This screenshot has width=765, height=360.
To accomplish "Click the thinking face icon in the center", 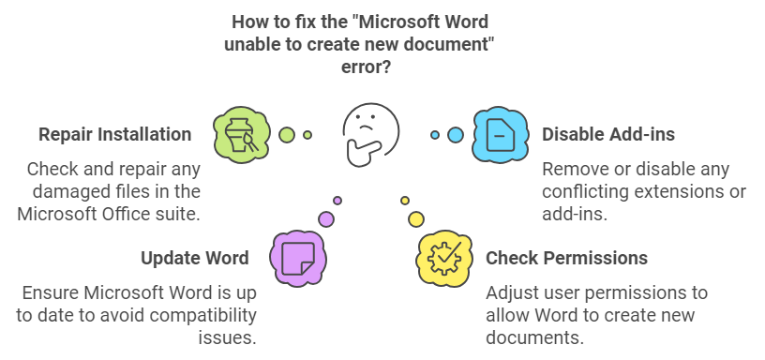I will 370,135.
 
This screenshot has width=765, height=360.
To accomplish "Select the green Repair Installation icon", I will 242,134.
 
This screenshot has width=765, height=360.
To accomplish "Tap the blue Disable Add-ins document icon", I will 501,135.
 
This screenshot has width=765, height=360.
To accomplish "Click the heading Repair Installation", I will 115,134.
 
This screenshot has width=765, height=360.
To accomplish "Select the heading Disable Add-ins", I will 608,134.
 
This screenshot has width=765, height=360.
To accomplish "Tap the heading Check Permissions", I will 566,258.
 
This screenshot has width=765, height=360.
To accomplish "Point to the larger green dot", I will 288,135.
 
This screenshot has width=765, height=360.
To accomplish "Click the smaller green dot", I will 307,135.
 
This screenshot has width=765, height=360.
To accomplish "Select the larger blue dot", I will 456,135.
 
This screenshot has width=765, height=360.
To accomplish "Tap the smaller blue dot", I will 435,135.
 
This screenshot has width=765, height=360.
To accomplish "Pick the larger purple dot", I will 326,219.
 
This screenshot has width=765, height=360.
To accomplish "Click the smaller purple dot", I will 337,200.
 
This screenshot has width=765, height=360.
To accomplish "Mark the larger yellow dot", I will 416,219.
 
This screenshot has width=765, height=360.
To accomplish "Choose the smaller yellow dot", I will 405,201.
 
